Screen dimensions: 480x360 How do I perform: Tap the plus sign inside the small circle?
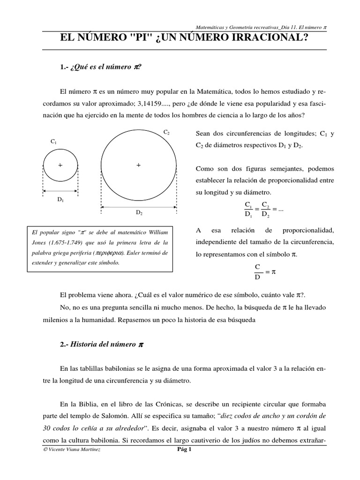click(60, 165)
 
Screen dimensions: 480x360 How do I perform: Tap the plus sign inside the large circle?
click(139, 165)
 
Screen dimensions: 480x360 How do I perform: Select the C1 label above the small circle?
click(53, 141)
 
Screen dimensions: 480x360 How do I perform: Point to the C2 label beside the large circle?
click(166, 133)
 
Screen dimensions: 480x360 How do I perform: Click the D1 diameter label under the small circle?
click(60, 199)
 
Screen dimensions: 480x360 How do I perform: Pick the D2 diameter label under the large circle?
click(139, 212)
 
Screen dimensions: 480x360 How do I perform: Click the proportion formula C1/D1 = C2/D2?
click(264, 210)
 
